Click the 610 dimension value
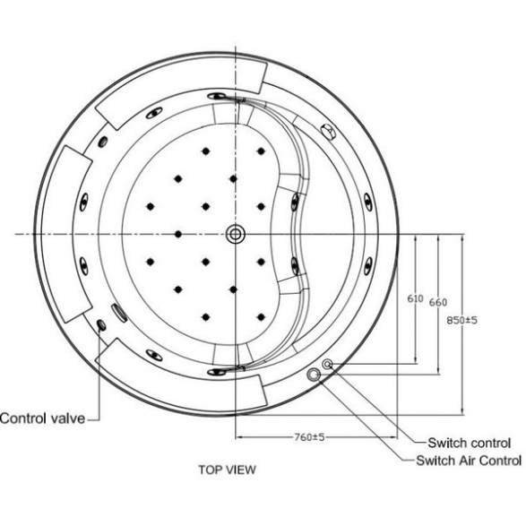(415, 298)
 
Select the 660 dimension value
(438, 302)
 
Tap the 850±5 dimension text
(461, 320)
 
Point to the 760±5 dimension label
(309, 437)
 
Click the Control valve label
(43, 418)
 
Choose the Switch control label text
(470, 443)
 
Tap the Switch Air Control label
(469, 461)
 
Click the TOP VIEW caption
(227, 470)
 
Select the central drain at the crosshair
(236, 234)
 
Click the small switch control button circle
(327, 364)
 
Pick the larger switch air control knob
(314, 375)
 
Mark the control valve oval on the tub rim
(101, 324)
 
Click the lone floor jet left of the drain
(178, 234)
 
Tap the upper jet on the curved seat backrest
(295, 202)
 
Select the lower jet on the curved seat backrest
(295, 265)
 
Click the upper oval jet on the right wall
(367, 202)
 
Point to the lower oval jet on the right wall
(368, 266)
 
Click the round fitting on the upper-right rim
(329, 131)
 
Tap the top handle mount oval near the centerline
(217, 97)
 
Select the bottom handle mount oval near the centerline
(217, 371)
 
